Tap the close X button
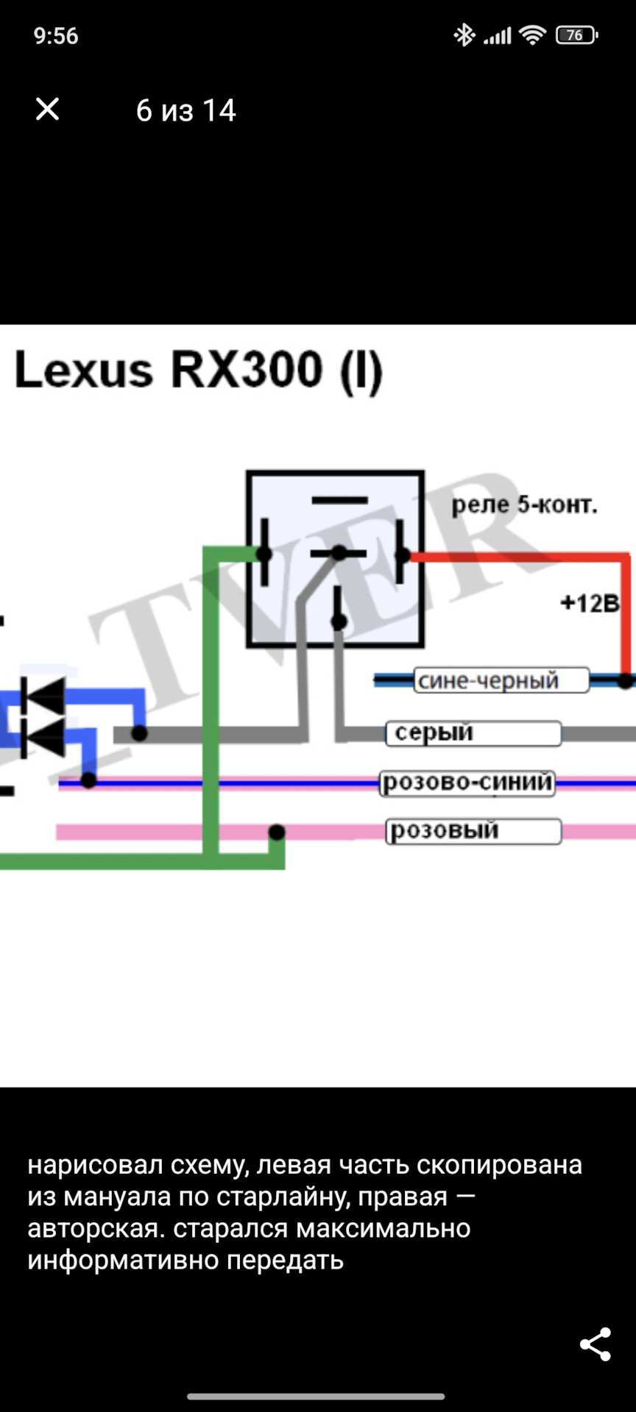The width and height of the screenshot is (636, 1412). [48, 110]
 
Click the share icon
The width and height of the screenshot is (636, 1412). [595, 1344]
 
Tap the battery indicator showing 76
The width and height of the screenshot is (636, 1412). [576, 35]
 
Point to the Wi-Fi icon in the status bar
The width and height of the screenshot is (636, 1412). [531, 35]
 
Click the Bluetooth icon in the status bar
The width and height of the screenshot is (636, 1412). [464, 35]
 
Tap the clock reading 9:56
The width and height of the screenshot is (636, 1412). [56, 36]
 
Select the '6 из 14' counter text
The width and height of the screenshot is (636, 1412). [185, 111]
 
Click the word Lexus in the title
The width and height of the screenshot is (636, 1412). [84, 369]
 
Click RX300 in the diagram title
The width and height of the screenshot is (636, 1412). [247, 369]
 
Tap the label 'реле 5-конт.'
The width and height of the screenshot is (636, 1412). [523, 504]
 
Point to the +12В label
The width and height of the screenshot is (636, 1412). [590, 603]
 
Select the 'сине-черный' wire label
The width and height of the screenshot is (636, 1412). [488, 680]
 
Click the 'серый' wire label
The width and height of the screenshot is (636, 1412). [434, 732]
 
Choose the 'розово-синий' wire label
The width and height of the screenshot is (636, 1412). [467, 782]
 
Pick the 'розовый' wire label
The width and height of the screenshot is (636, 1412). [444, 830]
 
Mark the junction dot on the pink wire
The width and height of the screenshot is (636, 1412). [277, 832]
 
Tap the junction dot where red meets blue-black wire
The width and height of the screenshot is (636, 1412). [625, 681]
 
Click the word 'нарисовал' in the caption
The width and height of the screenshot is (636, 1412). [95, 1166]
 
